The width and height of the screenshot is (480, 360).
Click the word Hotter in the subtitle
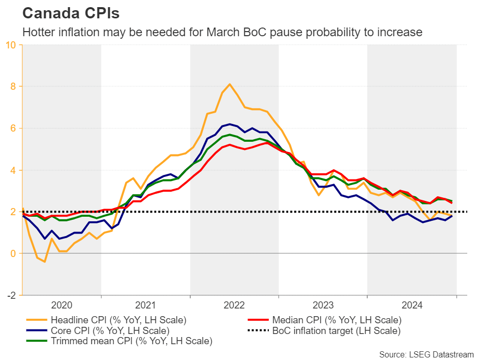38,32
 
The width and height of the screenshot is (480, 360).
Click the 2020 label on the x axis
62,305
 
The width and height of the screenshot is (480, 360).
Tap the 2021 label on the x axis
146,305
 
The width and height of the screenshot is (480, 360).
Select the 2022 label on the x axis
235,305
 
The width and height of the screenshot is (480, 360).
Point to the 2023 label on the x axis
323,305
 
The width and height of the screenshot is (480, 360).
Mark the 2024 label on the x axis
412,305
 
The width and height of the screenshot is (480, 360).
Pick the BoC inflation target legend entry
337,330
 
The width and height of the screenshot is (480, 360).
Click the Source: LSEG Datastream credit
426,353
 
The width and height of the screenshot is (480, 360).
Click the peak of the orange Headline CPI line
230,84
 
